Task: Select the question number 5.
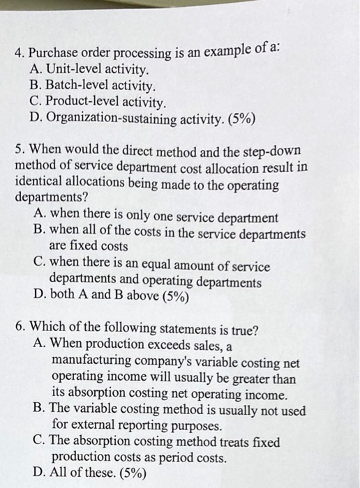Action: point(19,151)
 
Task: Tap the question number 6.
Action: point(19,330)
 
